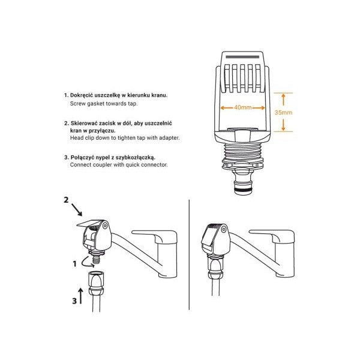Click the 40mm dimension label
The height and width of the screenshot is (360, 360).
pyautogui.click(x=242, y=107)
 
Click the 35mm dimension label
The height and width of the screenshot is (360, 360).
pyautogui.click(x=283, y=113)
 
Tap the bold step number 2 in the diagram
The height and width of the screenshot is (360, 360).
pyautogui.click(x=66, y=200)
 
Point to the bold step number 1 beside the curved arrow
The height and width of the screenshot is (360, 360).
pyautogui.click(x=74, y=264)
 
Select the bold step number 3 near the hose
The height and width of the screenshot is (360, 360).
pyautogui.click(x=74, y=301)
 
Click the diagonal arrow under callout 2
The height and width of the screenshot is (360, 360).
pyautogui.click(x=77, y=209)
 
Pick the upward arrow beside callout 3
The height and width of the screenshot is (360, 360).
pyautogui.click(x=80, y=296)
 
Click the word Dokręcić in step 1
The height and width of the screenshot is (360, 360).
pyautogui.click(x=82, y=95)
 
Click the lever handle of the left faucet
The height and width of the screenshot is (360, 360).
pyautogui.click(x=155, y=236)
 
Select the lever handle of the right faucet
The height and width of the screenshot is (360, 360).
pyautogui.click(x=272, y=236)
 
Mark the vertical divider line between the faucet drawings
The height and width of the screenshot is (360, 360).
pyautogui.click(x=189, y=254)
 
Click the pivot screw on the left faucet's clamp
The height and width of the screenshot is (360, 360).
pyautogui.click(x=105, y=226)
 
